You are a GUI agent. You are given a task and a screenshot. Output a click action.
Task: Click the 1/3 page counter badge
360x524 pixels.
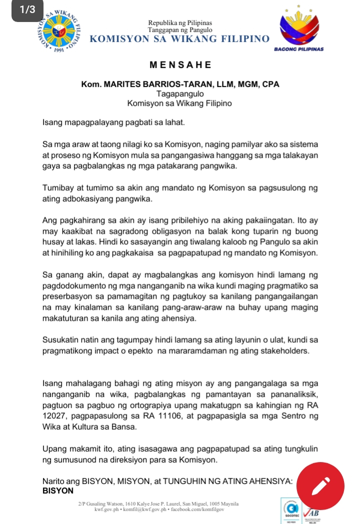pos(24,11)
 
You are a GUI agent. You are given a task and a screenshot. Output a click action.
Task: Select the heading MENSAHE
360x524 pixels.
pos(180,65)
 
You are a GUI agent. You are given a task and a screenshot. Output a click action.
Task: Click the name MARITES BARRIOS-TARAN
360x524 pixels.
pos(162,84)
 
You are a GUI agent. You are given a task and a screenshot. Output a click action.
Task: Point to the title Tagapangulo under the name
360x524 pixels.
pos(180,94)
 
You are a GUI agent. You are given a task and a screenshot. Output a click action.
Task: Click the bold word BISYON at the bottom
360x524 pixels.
pos(58,491)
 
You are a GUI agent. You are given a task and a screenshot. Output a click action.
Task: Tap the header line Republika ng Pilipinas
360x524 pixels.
pos(180,23)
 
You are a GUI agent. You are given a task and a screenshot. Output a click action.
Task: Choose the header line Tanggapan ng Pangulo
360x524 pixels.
pos(180,30)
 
